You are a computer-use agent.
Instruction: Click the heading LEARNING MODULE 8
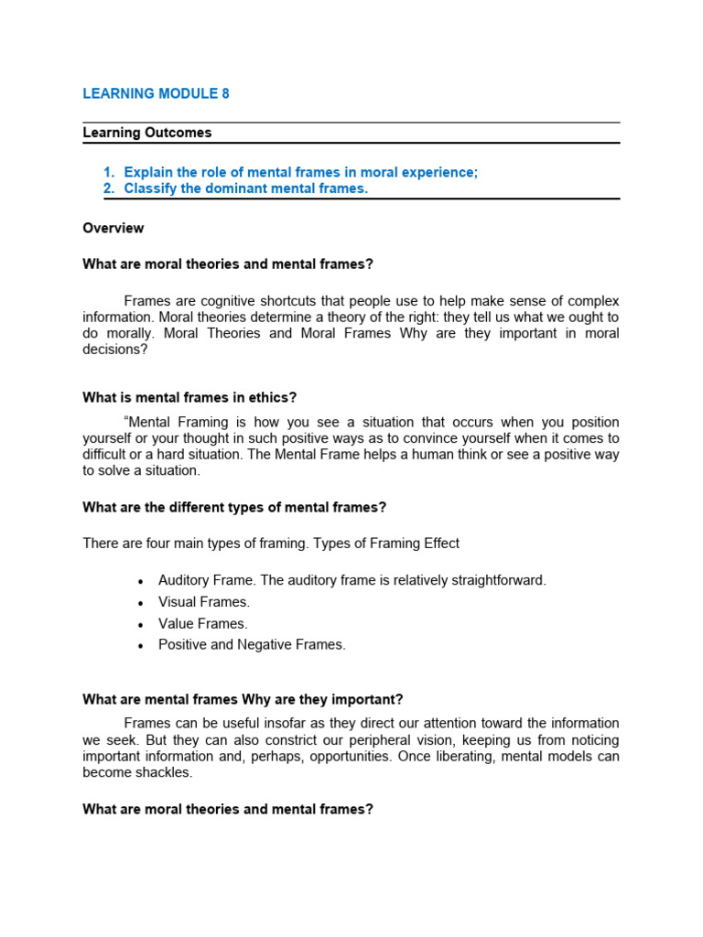pos(156,93)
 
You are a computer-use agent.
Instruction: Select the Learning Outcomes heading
pos(146,133)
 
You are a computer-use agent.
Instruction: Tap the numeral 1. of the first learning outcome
pos(108,172)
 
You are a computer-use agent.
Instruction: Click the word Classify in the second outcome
pos(149,188)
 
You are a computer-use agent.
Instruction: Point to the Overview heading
pos(113,228)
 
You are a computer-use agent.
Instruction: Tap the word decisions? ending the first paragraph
pos(114,350)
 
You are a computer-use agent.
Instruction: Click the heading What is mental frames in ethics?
pos(189,397)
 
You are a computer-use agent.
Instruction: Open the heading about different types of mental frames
pos(234,507)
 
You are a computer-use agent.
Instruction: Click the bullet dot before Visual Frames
pos(140,603)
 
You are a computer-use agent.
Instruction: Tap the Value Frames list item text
pos(203,623)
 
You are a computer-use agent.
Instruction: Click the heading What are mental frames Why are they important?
pos(243,700)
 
